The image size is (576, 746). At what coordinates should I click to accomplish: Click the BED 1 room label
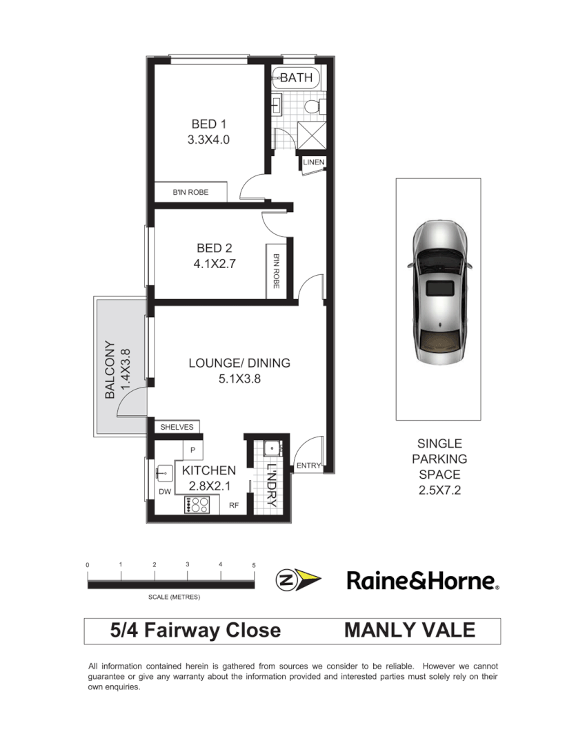(208, 124)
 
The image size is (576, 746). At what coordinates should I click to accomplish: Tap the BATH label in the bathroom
(296, 78)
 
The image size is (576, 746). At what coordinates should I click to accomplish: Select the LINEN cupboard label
(313, 162)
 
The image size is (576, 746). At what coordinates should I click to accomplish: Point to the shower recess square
(311, 135)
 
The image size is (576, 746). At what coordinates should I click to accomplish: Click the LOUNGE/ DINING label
(239, 363)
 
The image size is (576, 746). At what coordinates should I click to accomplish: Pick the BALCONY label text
(110, 370)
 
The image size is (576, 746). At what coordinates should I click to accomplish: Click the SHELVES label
(177, 428)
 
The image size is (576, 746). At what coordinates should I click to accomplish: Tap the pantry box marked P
(192, 450)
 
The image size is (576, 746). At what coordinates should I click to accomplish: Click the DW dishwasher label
(164, 492)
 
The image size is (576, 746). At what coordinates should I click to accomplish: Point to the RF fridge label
(234, 506)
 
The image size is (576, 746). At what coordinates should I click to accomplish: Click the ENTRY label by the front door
(308, 466)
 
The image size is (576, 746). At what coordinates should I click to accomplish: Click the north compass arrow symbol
(298, 580)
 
